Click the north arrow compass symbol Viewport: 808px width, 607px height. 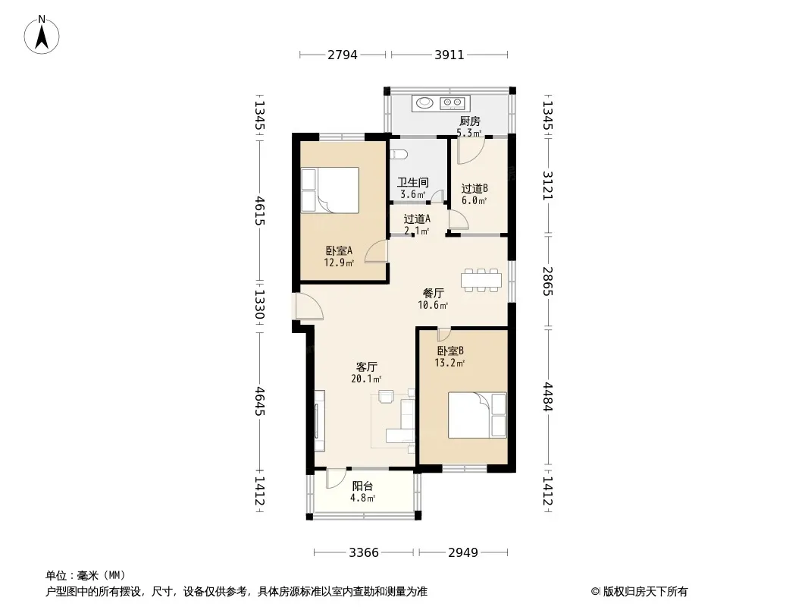click(x=42, y=35)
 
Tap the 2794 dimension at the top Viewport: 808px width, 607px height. click(x=342, y=55)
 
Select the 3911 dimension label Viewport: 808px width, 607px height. click(x=449, y=55)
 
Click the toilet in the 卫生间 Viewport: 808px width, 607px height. click(x=399, y=154)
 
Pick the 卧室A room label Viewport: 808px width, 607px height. click(x=339, y=250)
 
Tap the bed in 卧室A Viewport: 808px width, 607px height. click(x=330, y=190)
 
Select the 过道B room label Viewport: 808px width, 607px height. click(x=474, y=188)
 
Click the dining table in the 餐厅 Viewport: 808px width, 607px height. click(x=481, y=280)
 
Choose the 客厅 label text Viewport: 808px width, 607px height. click(x=366, y=366)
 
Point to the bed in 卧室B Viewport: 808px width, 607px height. click(x=478, y=415)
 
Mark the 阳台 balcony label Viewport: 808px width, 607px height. click(x=363, y=486)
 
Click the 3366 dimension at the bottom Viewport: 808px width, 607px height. click(x=364, y=553)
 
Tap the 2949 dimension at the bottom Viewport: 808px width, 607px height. click(x=463, y=553)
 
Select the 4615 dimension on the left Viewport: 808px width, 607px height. click(x=260, y=210)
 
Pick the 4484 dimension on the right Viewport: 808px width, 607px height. click(x=547, y=396)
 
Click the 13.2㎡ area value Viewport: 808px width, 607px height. click(x=449, y=363)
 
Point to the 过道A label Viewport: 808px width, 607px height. click(x=417, y=219)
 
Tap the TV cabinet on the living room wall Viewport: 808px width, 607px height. click(x=320, y=421)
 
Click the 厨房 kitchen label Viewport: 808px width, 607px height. click(x=469, y=121)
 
